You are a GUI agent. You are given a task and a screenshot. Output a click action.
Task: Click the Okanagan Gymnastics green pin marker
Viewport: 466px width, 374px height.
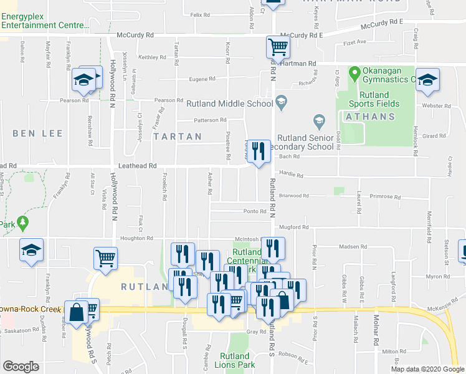pyautogui.click(x=354, y=74)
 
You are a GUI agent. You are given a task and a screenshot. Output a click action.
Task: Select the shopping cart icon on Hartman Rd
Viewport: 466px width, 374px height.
pyautogui.click(x=278, y=47)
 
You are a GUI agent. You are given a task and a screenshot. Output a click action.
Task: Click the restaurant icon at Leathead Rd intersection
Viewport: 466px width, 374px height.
pyautogui.click(x=258, y=151)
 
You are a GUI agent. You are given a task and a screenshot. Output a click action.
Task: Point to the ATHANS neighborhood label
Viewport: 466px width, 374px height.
pyautogui.click(x=366, y=117)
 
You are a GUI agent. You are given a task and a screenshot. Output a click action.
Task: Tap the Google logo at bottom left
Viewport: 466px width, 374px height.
pyautogui.click(x=21, y=367)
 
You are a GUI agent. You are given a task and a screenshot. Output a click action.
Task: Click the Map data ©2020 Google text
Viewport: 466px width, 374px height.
pyautogui.click(x=427, y=369)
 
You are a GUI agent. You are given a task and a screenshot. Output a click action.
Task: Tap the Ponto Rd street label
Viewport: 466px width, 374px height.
pyautogui.click(x=254, y=211)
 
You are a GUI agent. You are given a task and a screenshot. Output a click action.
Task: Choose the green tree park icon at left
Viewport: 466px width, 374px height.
pyautogui.click(x=23, y=222)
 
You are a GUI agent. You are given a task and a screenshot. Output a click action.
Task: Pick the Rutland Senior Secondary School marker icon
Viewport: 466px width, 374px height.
pyautogui.click(x=319, y=120)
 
